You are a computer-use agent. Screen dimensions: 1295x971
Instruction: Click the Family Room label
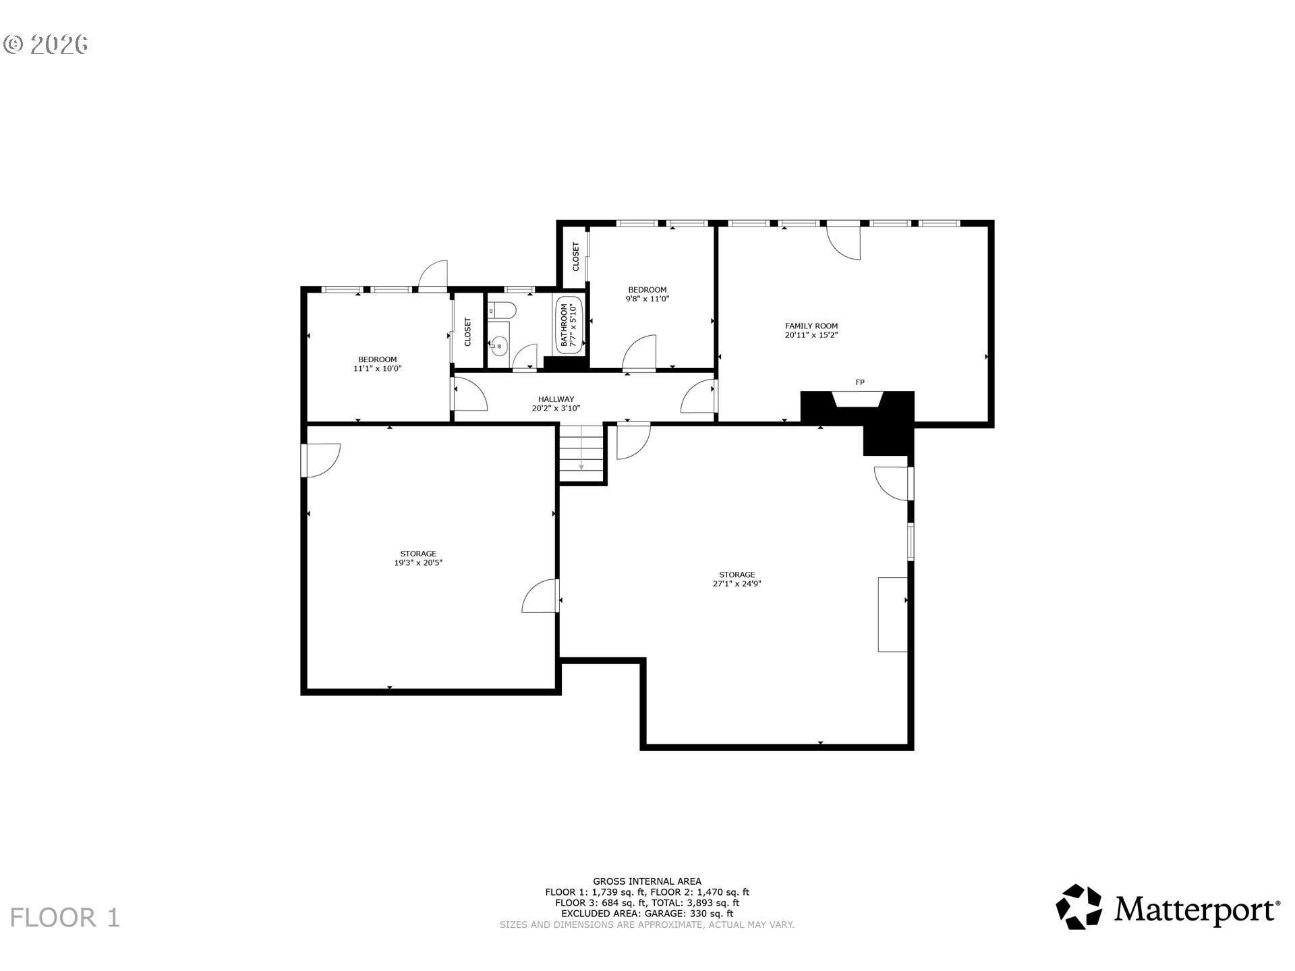pyautogui.click(x=811, y=326)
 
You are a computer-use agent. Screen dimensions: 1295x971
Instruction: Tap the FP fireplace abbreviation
pyautogui.click(x=860, y=382)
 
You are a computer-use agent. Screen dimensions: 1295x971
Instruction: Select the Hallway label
pyautogui.click(x=556, y=399)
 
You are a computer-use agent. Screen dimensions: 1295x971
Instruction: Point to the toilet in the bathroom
pyautogui.click(x=502, y=310)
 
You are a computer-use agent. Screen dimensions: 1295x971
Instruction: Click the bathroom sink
pyautogui.click(x=498, y=347)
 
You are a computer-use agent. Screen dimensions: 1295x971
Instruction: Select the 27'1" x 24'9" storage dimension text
pyautogui.click(x=737, y=584)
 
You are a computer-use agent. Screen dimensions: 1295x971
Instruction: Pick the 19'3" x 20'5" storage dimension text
pyautogui.click(x=418, y=562)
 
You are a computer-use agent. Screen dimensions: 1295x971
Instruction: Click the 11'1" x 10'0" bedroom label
pyautogui.click(x=378, y=368)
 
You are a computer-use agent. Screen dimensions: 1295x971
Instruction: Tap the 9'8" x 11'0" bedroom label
pyautogui.click(x=647, y=299)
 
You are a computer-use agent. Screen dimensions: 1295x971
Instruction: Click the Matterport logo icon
pyautogui.click(x=1078, y=907)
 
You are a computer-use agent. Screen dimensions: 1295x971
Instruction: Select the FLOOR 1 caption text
pyautogui.click(x=65, y=918)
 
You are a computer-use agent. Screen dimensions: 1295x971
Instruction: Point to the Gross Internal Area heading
pyautogui.click(x=647, y=881)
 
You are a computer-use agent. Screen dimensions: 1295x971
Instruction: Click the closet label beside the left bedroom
pyautogui.click(x=468, y=332)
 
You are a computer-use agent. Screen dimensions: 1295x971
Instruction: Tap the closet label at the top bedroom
pyautogui.click(x=576, y=257)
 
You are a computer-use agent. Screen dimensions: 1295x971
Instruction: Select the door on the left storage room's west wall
pyautogui.click(x=322, y=461)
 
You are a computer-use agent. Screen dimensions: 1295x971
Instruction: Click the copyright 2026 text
pyautogui.click(x=46, y=45)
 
